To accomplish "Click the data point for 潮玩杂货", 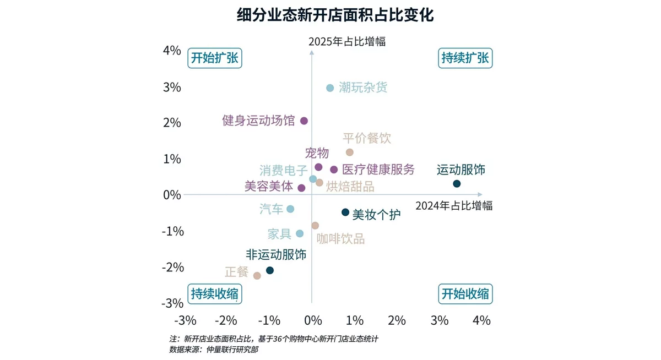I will click(330, 88).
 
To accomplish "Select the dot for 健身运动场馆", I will click(304, 121).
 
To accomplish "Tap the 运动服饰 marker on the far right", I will click(457, 184).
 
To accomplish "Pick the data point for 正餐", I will click(257, 275).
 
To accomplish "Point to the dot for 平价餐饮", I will click(349, 152).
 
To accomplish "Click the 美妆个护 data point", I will click(345, 212).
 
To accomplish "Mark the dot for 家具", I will click(300, 233).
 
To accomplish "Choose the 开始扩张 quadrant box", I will click(215, 58).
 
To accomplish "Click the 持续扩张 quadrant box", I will click(465, 58).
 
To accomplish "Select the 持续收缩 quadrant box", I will click(215, 293).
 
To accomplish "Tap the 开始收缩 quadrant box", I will click(465, 293).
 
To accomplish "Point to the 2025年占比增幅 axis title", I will click(347, 41).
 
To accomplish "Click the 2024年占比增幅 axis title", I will click(454, 206).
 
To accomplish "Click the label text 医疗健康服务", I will click(378, 170).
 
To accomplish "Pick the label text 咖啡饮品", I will click(340, 239).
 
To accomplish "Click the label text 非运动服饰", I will click(276, 254).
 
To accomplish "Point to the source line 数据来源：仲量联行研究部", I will click(214, 350).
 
